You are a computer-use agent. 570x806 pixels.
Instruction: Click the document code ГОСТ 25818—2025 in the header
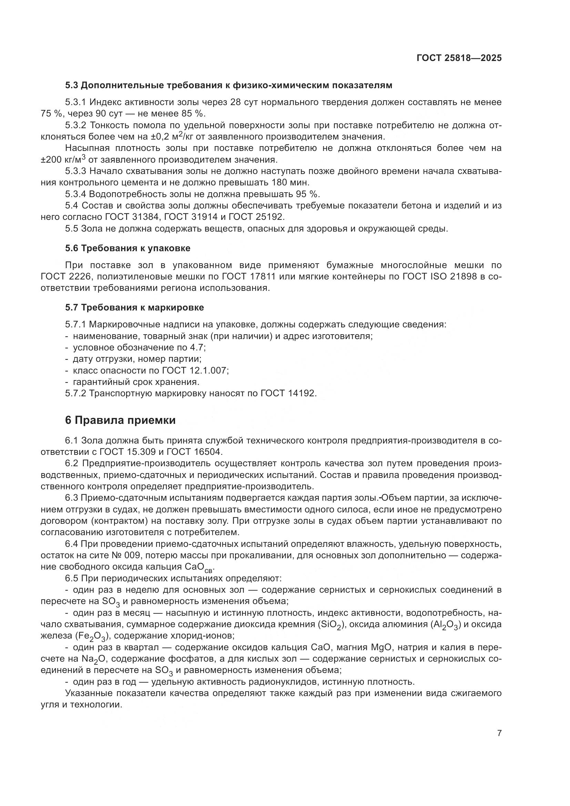459,58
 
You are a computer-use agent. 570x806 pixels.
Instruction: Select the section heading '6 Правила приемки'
120,420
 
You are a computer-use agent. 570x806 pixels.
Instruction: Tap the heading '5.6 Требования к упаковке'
128,248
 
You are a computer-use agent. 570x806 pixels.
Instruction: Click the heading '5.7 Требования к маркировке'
134,307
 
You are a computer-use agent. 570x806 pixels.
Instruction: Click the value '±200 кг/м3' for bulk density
63,160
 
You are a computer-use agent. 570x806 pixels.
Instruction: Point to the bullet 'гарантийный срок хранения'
136,381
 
